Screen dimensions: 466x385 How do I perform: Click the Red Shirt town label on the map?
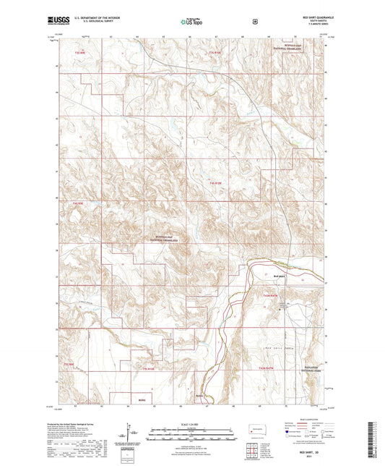tap(281, 275)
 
